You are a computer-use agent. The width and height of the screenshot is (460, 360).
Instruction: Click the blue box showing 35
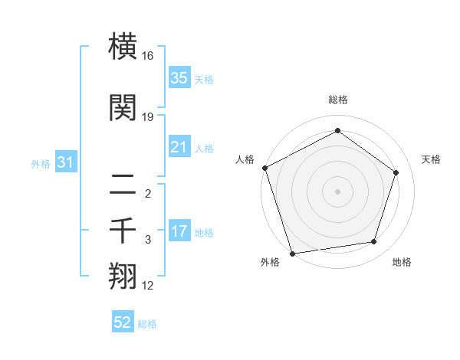point(179,78)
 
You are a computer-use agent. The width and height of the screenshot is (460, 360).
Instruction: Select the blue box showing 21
point(179,147)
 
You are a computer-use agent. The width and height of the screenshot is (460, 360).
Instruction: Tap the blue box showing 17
point(179,232)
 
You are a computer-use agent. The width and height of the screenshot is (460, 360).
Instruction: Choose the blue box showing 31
point(65,162)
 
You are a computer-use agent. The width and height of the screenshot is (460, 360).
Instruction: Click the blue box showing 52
point(123,323)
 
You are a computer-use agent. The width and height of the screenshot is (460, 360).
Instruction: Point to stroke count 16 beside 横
point(148,56)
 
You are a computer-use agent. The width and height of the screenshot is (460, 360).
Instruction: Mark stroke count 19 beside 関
point(148,117)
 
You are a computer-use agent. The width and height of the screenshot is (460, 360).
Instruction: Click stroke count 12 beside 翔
point(148,286)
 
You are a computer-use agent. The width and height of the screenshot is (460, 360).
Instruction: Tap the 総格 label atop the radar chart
point(337,100)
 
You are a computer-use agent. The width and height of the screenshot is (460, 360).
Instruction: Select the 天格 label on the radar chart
point(431,159)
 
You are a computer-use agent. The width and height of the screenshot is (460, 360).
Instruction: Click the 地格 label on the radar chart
point(401,263)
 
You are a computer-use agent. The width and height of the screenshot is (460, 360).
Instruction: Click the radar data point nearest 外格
point(292,253)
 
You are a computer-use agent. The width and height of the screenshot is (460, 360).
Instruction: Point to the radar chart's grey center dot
point(337,191)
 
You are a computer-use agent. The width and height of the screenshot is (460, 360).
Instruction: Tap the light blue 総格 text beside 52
point(147,324)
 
